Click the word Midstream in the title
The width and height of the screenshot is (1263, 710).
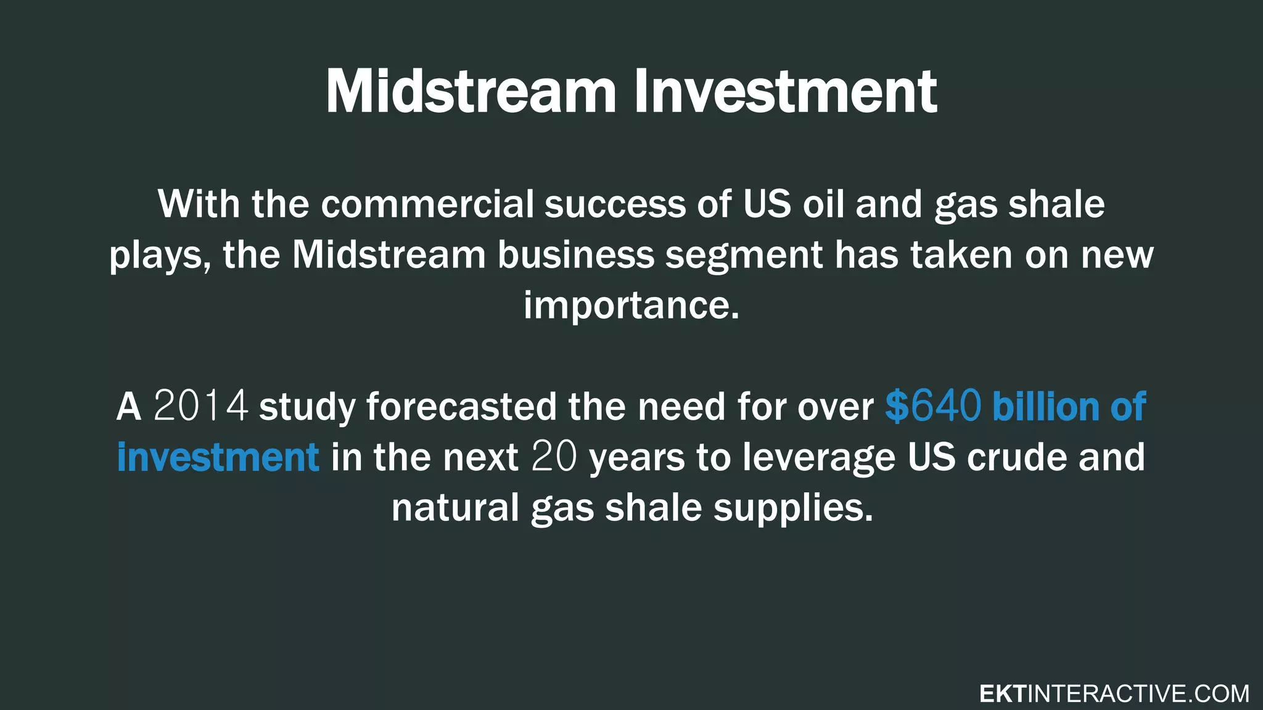[x=471, y=92]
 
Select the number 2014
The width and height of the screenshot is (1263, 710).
[x=200, y=406]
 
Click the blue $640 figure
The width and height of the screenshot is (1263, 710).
[x=932, y=406]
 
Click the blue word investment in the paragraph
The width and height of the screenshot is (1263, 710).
[x=218, y=457]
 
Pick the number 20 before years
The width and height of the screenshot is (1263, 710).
[x=554, y=457]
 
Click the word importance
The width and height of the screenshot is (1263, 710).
[x=631, y=305]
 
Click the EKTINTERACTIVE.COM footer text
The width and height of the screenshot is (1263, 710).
[x=1114, y=694]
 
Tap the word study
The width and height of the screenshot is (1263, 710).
[x=306, y=407]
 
